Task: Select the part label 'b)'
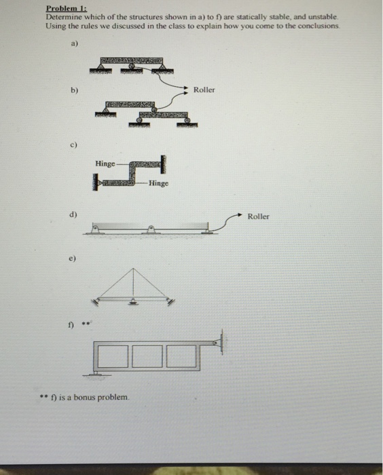coord(74,89)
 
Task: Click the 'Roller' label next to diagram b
coord(204,90)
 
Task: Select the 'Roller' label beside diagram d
coord(258,216)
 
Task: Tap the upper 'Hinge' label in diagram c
coord(105,164)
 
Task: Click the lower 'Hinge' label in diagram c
coord(158,183)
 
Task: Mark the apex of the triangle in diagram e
coord(133,269)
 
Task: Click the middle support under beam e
coord(133,303)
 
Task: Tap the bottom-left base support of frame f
coord(98,372)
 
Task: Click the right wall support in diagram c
coord(163,163)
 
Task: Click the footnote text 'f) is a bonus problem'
coord(89,396)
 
